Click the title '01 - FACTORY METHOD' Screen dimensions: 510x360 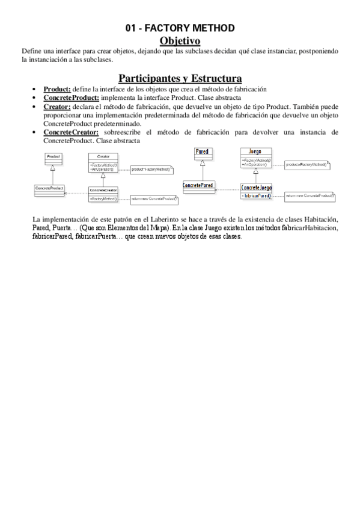pos(180,28)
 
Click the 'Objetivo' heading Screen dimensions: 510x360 pos(179,40)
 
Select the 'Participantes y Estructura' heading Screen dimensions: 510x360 pos(180,78)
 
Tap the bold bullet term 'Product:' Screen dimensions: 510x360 pos(56,89)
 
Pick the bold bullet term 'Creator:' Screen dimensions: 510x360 pos(57,106)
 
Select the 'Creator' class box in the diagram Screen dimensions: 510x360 pos(103,162)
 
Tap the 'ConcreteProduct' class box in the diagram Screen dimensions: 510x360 pos(49,190)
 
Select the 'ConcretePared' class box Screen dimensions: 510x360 pos(198,186)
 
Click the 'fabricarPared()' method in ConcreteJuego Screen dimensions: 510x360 pos(257,195)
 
